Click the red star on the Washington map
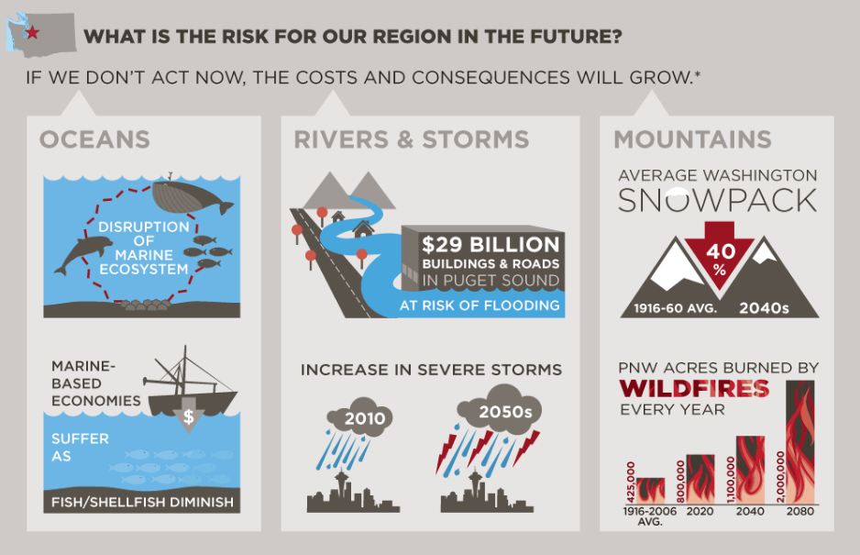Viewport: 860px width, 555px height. [x=32, y=32]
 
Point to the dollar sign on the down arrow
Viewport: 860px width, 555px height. [x=188, y=416]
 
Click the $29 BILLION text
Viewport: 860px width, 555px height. [x=491, y=244]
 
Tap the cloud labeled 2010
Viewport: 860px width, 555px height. [x=359, y=416]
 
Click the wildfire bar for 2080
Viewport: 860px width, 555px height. [x=799, y=442]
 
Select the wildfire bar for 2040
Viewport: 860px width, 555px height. [x=750, y=470]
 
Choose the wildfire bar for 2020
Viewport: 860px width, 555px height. [x=700, y=479]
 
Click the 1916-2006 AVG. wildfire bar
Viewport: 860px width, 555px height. [x=650, y=491]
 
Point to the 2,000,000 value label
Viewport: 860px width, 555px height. [x=780, y=476]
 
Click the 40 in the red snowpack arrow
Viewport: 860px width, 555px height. [x=720, y=251]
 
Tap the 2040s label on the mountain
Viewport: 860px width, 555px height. [x=764, y=308]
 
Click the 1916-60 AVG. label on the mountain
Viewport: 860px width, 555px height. [x=675, y=308]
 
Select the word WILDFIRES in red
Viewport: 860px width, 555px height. [x=694, y=389]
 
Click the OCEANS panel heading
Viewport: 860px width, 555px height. [x=94, y=139]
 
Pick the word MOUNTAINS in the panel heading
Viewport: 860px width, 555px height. [x=693, y=139]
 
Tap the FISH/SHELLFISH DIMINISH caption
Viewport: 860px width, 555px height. [x=142, y=502]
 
